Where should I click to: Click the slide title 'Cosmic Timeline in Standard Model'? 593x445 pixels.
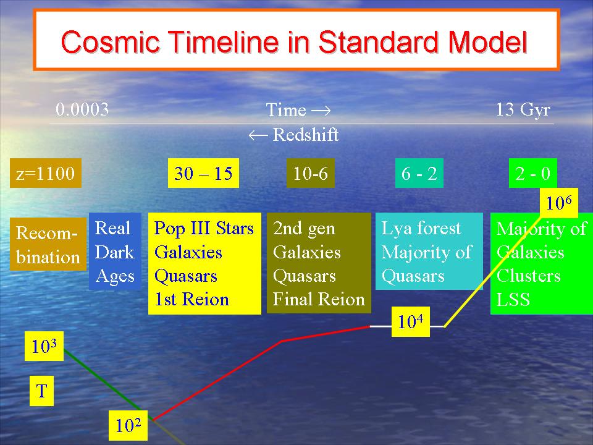(x=294, y=41)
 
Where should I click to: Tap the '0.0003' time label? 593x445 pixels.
(x=82, y=109)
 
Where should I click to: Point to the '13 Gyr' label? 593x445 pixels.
(x=523, y=110)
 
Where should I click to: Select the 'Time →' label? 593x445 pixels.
(x=298, y=110)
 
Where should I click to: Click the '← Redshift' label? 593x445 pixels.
(x=293, y=134)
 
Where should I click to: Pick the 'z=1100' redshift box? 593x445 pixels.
(x=45, y=173)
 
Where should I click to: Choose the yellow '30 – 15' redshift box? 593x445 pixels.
(x=203, y=173)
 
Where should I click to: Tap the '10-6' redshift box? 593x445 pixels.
(x=311, y=173)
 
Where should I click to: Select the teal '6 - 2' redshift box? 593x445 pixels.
(x=419, y=173)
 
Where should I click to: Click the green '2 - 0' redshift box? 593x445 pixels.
(x=533, y=173)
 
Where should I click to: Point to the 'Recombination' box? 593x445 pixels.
(x=48, y=244)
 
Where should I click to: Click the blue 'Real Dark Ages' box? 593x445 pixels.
(x=115, y=252)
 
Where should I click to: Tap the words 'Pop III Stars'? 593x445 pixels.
(x=204, y=228)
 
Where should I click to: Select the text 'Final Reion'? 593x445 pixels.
(x=319, y=299)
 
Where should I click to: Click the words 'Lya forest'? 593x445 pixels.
(x=421, y=228)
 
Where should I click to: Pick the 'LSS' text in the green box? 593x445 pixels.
(x=513, y=299)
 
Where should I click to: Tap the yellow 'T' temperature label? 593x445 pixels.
(x=41, y=391)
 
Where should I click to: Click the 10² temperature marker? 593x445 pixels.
(x=128, y=425)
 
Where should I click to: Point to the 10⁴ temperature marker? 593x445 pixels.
(x=410, y=321)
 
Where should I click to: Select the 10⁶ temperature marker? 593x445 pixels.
(x=559, y=203)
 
